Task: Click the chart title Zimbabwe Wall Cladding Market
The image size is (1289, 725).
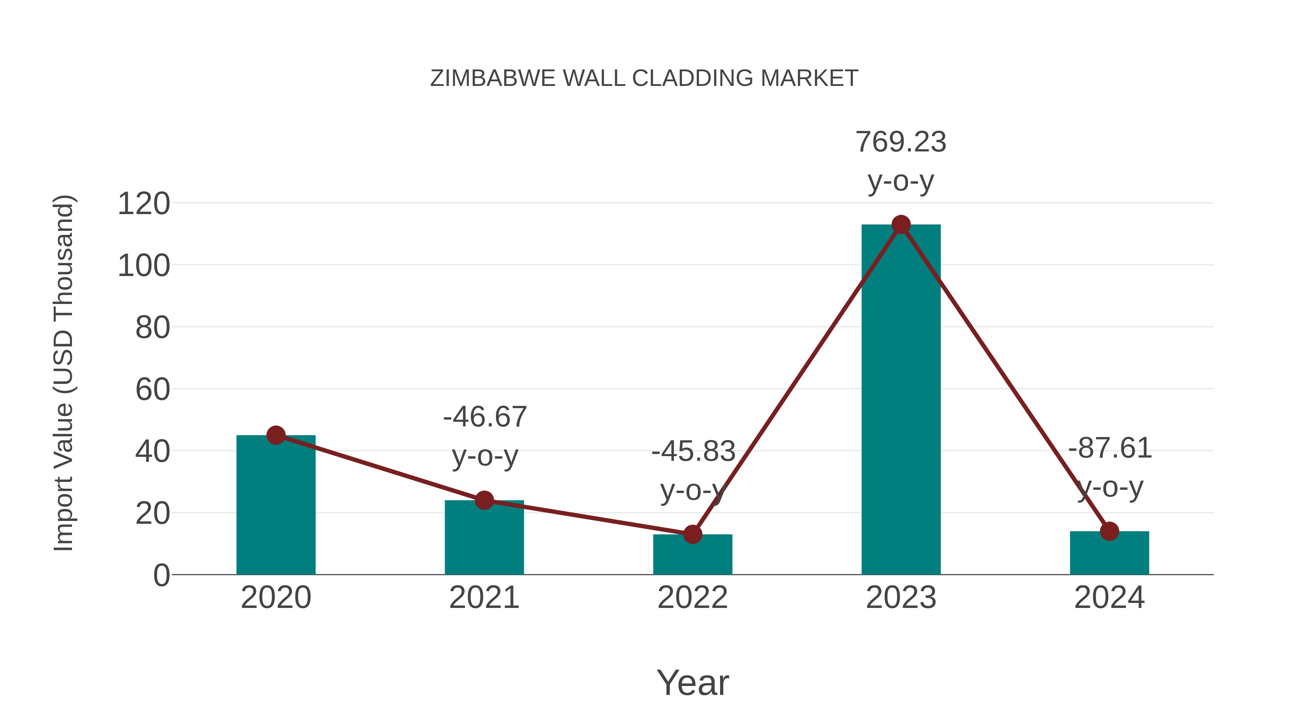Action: [x=644, y=78]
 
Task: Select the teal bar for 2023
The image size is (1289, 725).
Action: [x=901, y=400]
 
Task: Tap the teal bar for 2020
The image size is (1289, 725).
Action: [x=276, y=505]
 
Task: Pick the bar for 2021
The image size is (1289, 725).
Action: [x=484, y=538]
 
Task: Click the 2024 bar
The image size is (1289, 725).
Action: [x=1109, y=553]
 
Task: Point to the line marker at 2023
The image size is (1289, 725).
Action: [x=901, y=224]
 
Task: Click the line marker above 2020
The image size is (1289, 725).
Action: [x=276, y=435]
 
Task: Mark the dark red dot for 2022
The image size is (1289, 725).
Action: [x=692, y=535]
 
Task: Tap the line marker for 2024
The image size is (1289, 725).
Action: [x=1109, y=531]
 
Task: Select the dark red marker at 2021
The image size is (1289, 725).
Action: [x=484, y=500]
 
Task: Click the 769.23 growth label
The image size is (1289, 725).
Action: [x=901, y=142]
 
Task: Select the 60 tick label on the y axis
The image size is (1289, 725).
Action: [x=152, y=390]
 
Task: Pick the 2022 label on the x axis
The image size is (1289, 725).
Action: [x=692, y=598]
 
